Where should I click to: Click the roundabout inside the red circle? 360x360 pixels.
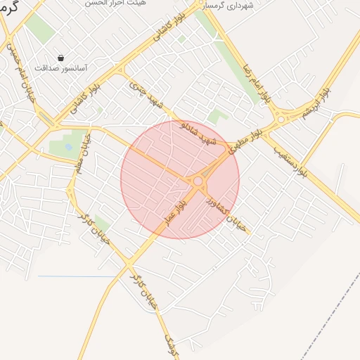coord(198,181)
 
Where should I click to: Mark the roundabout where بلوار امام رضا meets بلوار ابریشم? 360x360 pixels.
coord(281,119)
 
